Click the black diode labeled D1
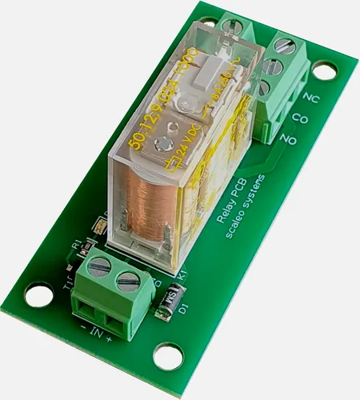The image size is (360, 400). (169, 302)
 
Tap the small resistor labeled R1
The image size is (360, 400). (98, 230)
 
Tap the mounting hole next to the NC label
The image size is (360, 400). (323, 70)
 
